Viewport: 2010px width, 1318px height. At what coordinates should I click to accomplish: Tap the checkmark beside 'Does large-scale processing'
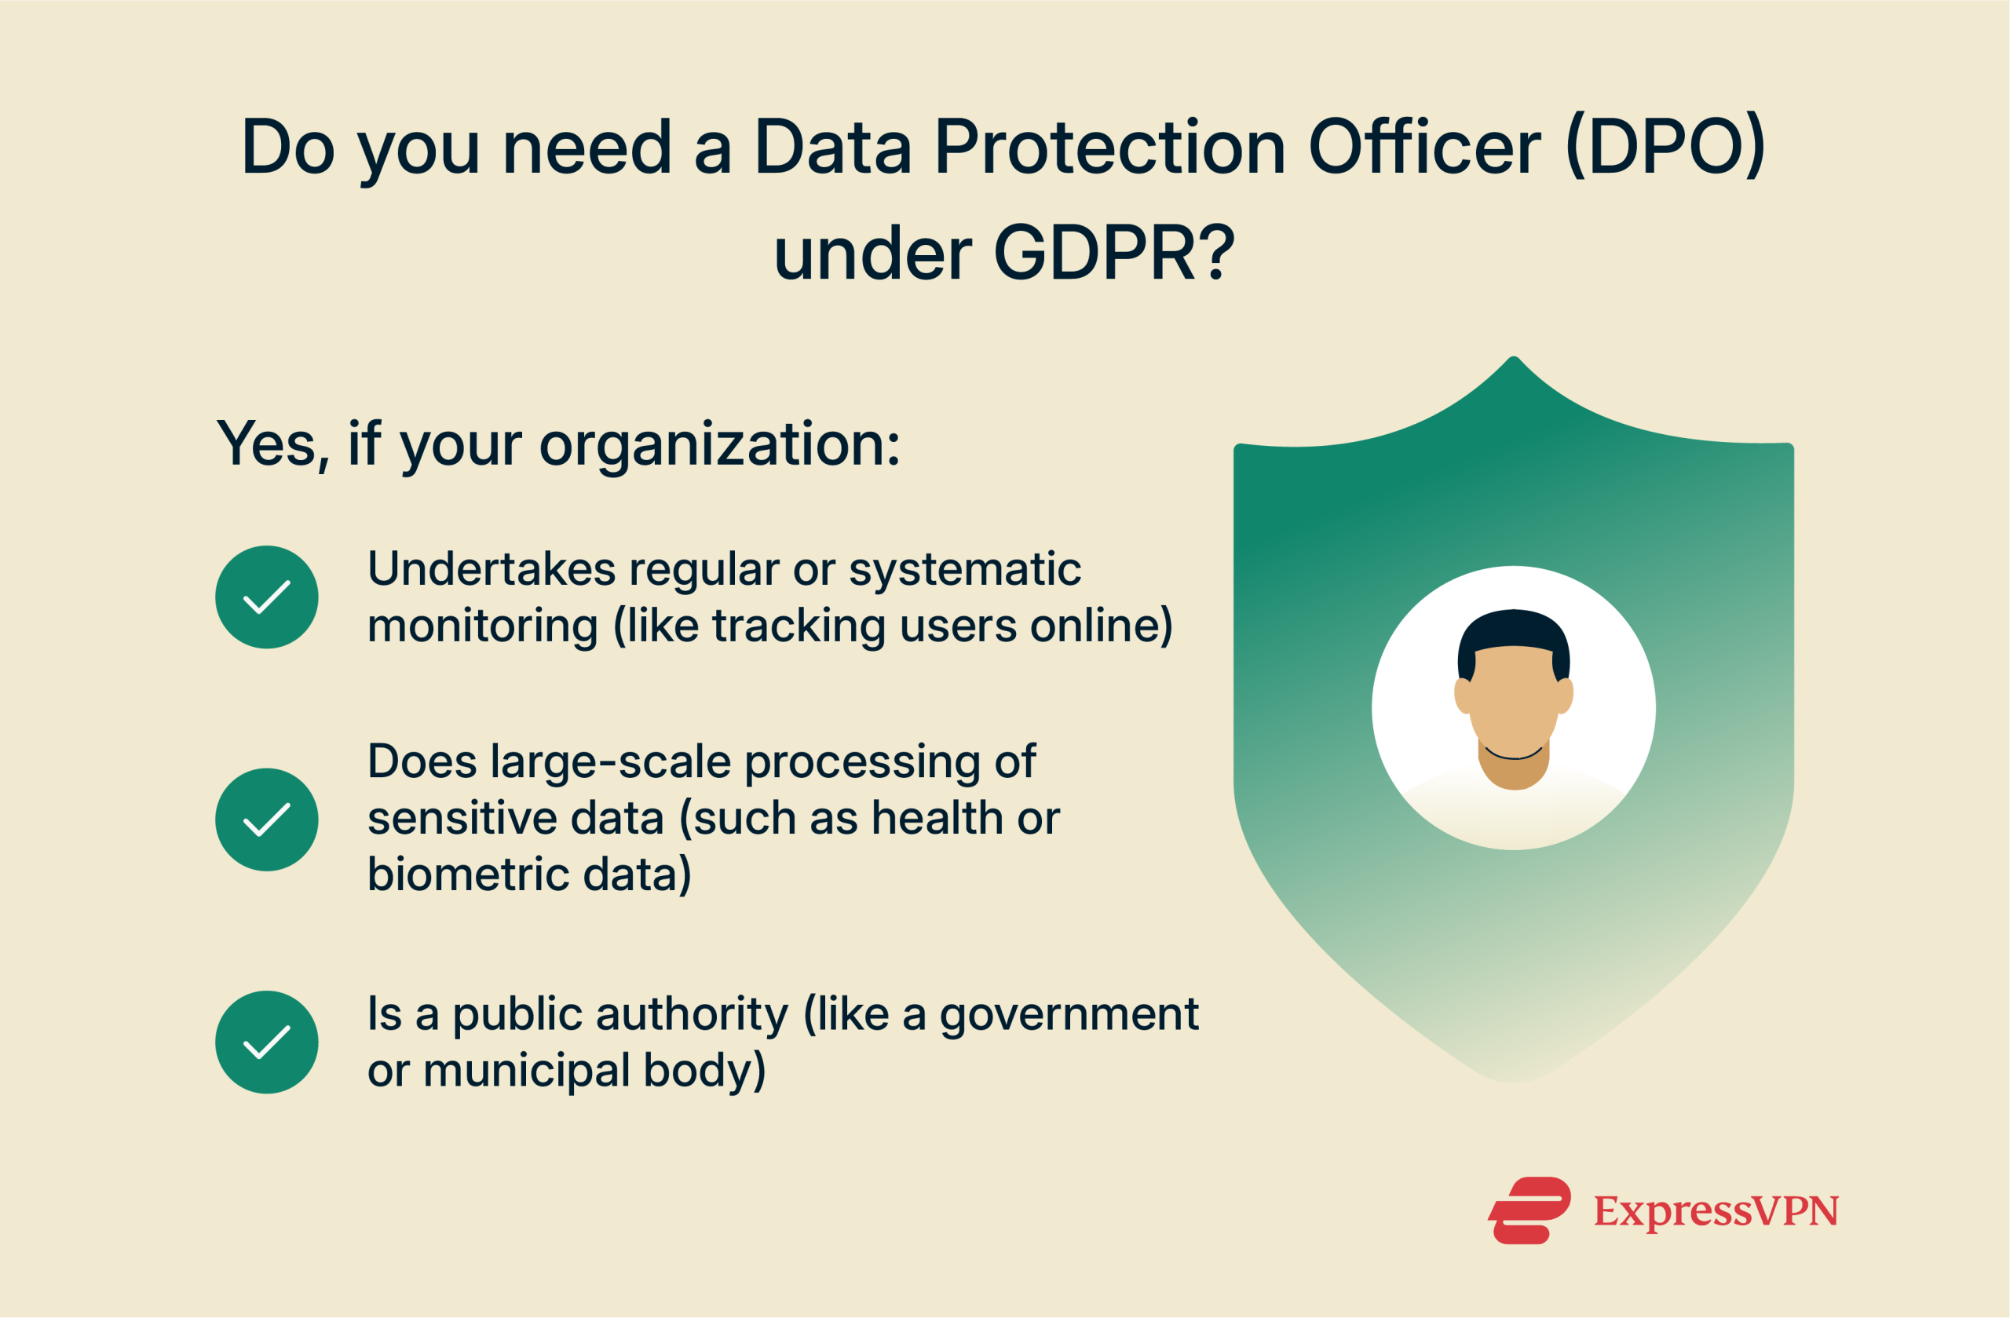coord(267,819)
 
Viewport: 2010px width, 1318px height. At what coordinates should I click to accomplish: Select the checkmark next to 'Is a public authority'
coord(267,1042)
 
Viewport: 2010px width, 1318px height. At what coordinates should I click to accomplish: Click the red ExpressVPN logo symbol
coord(1529,1210)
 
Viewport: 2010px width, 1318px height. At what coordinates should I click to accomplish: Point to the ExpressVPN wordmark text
coord(1716,1210)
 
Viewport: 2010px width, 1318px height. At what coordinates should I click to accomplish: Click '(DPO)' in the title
coord(1665,148)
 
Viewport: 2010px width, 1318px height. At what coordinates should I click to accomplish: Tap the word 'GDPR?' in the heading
coord(1114,254)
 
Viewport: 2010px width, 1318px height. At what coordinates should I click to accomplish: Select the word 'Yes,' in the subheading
coord(272,445)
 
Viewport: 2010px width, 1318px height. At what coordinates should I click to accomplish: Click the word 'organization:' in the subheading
coord(719,445)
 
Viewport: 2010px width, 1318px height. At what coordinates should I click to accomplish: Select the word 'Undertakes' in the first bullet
coord(491,569)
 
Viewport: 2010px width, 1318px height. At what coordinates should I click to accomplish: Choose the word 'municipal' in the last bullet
coord(526,1071)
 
